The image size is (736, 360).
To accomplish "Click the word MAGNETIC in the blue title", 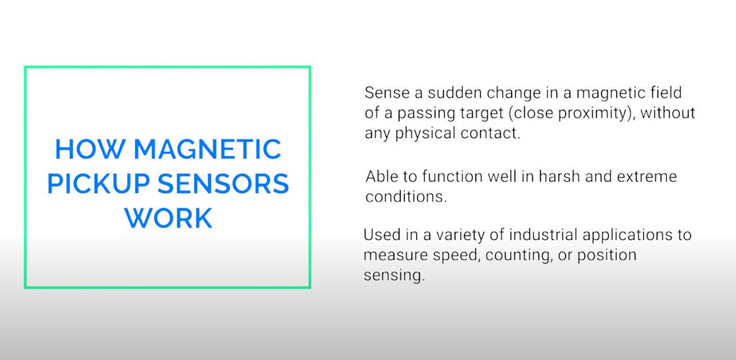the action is (x=207, y=149).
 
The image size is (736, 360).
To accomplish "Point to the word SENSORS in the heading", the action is (x=223, y=184).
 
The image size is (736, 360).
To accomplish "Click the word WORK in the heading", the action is (x=168, y=218).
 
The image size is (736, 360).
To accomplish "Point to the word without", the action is (x=667, y=113).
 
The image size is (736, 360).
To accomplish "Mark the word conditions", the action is (x=405, y=197).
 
